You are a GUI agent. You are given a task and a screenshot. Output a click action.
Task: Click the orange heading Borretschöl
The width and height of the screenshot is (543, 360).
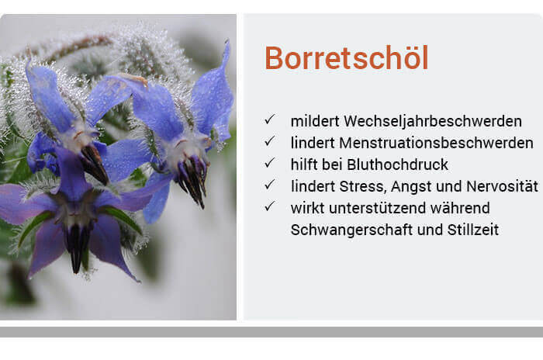(x=347, y=58)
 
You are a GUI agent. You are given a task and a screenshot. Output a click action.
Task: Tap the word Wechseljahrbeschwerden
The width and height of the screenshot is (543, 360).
(x=433, y=121)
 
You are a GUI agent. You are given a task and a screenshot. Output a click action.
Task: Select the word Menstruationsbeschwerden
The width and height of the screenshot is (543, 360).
(x=436, y=143)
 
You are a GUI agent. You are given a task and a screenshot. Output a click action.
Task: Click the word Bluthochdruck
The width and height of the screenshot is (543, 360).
(x=397, y=164)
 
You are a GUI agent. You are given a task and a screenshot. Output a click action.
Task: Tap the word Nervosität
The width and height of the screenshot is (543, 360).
(x=502, y=186)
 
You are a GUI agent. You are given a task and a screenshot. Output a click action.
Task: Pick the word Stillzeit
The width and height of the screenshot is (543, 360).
(x=473, y=230)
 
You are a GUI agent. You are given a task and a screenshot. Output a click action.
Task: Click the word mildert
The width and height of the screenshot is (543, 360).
(x=315, y=121)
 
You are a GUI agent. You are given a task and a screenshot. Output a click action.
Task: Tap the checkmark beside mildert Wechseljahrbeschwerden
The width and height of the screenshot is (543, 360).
(x=270, y=119)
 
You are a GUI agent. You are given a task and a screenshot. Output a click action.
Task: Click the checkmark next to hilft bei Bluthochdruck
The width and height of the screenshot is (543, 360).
(x=270, y=162)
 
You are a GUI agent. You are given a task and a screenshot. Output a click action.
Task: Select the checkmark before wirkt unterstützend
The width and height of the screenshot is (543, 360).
(x=270, y=206)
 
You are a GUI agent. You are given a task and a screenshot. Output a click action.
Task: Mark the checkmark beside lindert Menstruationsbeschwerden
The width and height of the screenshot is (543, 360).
(x=270, y=141)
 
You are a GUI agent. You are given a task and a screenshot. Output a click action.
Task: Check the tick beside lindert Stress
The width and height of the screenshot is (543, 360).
(x=270, y=185)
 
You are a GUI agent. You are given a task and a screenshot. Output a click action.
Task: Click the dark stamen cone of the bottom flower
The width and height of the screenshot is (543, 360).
(x=78, y=246)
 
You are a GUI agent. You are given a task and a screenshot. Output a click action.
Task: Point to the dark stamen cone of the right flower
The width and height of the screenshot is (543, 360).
(x=192, y=180)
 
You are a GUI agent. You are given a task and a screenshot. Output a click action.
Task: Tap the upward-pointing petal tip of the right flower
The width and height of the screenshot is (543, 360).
(x=227, y=41)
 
